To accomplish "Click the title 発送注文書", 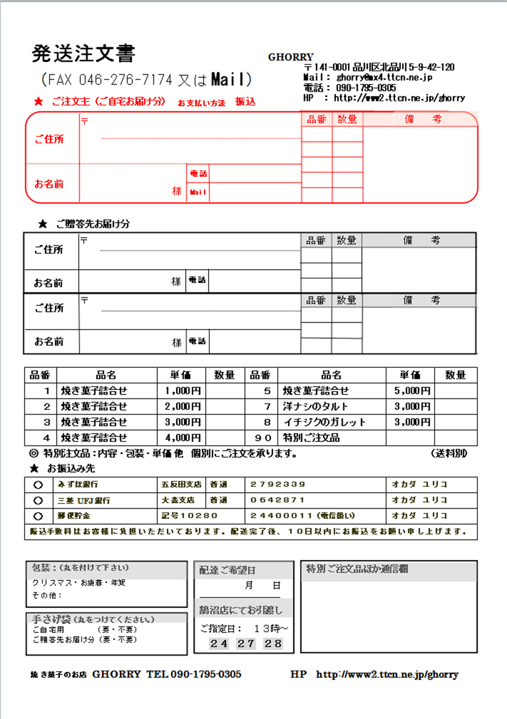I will pyautogui.click(x=83, y=54).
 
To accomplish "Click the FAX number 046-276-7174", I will pyautogui.click(x=125, y=79).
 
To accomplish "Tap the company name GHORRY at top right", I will pyautogui.click(x=290, y=57).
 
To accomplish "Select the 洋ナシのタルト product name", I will pyautogui.click(x=315, y=407).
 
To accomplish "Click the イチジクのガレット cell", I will pyautogui.click(x=324, y=423).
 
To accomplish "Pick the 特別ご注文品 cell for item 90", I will pyautogui.click(x=311, y=438).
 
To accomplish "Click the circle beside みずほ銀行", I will pyautogui.click(x=38, y=485).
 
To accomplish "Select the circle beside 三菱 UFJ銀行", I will pyautogui.click(x=38, y=500).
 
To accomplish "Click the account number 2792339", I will pyautogui.click(x=278, y=485).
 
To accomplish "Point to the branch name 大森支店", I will pyautogui.click(x=178, y=500).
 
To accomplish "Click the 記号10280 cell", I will pyautogui.click(x=190, y=515).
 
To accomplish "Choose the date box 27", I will pyautogui.click(x=246, y=644).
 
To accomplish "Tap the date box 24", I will pyautogui.click(x=219, y=644).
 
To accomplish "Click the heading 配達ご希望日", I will pyautogui.click(x=227, y=570).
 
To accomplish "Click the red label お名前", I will pyautogui.click(x=49, y=184).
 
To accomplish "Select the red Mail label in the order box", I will pyautogui.click(x=198, y=193).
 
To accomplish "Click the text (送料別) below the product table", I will pyautogui.click(x=449, y=454).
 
